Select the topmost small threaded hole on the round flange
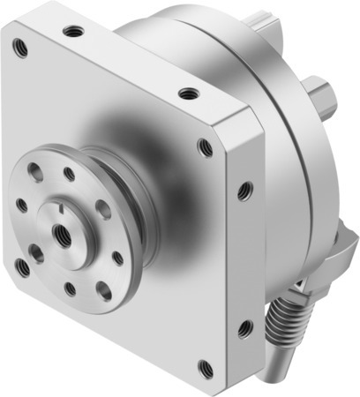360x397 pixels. click(x=68, y=174)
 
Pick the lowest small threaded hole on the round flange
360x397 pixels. click(x=71, y=288)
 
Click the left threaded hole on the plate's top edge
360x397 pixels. click(x=74, y=31)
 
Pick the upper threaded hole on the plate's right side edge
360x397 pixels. click(x=244, y=190)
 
